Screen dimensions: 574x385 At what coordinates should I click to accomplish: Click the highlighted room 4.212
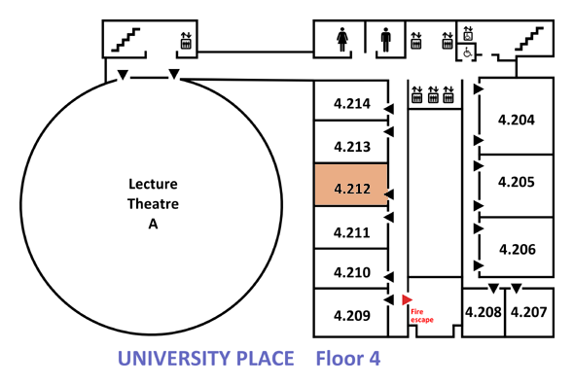[x=351, y=185]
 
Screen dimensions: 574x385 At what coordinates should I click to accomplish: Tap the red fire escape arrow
[x=407, y=299]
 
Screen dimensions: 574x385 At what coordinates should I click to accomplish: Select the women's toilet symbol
[x=342, y=40]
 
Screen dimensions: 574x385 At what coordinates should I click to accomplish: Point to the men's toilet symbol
[x=386, y=40]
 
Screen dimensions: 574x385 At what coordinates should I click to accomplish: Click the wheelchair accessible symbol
[x=468, y=52]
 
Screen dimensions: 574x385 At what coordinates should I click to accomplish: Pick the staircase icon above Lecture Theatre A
[x=126, y=40]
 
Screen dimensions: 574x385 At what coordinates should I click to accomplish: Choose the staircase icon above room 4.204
[x=529, y=39]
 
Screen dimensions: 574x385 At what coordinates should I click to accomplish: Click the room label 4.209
[x=352, y=315]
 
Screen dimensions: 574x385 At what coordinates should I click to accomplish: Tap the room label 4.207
[x=528, y=312]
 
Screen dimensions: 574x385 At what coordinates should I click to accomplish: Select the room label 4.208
[x=484, y=312]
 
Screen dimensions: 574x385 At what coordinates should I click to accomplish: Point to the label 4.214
[x=352, y=104]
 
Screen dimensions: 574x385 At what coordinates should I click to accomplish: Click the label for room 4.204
[x=517, y=120]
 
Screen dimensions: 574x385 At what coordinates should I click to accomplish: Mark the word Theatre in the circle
[x=153, y=204]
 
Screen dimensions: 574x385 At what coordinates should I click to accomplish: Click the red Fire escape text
[x=421, y=316]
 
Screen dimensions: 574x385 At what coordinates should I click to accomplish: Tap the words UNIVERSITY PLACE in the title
[x=205, y=359]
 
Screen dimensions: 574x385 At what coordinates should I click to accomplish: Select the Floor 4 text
[x=348, y=359]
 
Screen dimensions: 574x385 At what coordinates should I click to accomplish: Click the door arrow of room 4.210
[x=389, y=277]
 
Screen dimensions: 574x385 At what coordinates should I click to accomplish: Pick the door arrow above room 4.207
[x=517, y=289]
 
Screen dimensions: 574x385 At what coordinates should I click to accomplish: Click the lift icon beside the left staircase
[x=186, y=41]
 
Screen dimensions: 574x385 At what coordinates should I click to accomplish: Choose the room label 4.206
[x=518, y=250]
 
